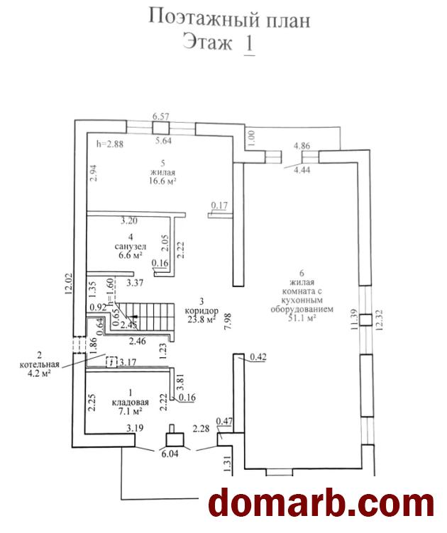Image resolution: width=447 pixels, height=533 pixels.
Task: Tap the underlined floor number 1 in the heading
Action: [x=249, y=43]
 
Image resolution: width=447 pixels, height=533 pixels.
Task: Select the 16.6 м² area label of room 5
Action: [x=163, y=181]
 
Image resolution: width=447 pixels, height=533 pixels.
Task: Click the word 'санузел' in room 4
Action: [x=131, y=247]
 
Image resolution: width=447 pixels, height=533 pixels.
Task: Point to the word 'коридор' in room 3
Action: [x=202, y=310]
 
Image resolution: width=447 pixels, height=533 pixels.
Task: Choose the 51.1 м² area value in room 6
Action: [x=302, y=318]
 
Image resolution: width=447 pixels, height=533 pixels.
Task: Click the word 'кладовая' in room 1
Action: [x=131, y=403]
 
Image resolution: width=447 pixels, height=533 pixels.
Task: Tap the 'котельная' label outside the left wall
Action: [x=40, y=365]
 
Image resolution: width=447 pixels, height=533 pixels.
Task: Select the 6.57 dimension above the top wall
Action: [x=160, y=116]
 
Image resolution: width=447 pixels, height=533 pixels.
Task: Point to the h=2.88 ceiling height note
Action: [x=109, y=144]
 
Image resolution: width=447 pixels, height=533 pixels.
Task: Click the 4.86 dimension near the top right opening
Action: [x=302, y=146]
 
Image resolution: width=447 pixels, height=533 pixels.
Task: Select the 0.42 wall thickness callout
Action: [x=258, y=357]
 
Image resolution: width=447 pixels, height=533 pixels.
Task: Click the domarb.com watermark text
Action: [x=321, y=503]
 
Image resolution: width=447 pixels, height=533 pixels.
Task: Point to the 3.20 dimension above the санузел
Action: [x=129, y=221]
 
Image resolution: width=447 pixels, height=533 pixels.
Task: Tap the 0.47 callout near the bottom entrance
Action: [x=224, y=422]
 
